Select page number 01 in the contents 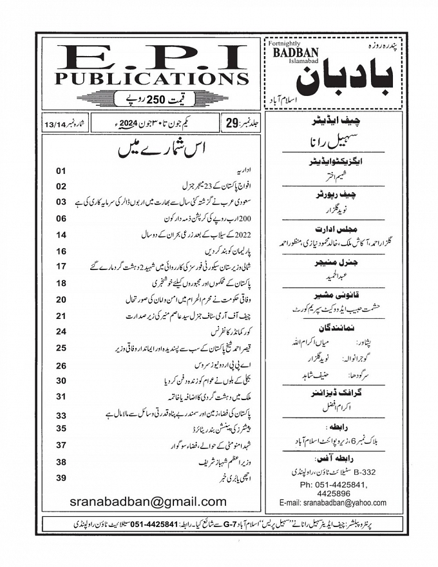pyautogui.click(x=62, y=171)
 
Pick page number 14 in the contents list pyautogui.click(x=62, y=235)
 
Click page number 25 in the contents pyautogui.click(x=62, y=349)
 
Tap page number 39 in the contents pyautogui.click(x=62, y=478)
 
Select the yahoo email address pyautogui.click(x=332, y=503)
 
